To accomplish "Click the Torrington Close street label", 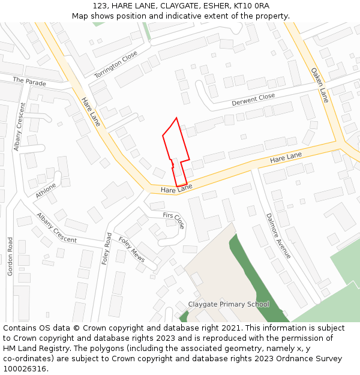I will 116,65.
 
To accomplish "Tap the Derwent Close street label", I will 253,100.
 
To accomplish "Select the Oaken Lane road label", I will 320,85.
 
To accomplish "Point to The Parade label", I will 29,81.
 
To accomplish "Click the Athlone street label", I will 46,190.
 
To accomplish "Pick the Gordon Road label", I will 10,256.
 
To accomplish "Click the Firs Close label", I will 174,220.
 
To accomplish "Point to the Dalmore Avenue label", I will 278,236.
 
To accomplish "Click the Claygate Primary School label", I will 229,304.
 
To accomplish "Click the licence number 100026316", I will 24,369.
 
